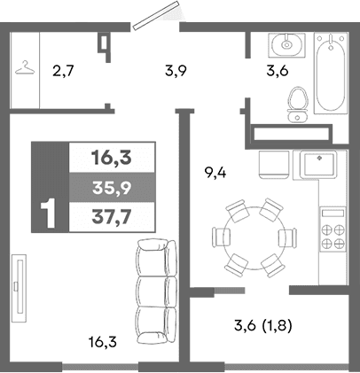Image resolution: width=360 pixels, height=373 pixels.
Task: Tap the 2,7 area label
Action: click(x=62, y=70)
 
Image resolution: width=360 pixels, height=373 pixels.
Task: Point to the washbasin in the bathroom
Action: click(x=286, y=43)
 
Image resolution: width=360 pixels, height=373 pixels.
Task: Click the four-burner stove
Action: click(x=333, y=231)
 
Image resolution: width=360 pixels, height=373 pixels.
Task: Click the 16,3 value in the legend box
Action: click(x=111, y=159)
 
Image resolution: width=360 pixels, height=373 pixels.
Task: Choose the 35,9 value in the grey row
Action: click(x=111, y=187)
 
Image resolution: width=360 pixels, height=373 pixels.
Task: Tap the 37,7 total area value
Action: click(x=111, y=214)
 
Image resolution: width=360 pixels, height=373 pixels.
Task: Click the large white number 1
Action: click(x=50, y=213)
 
